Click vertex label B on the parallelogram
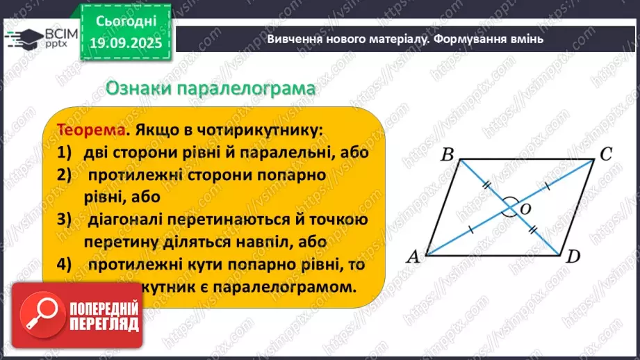[447, 154]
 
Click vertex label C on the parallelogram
[605, 154]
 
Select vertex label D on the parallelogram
[573, 257]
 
